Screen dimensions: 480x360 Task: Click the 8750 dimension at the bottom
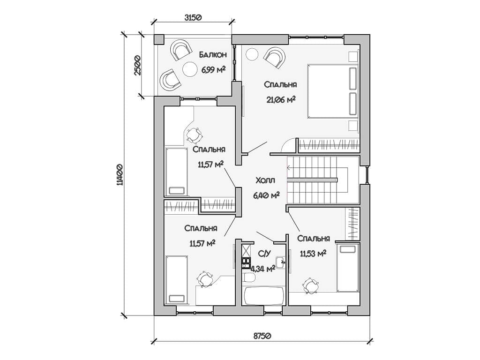pos(263,335)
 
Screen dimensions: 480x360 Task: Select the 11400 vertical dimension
pos(120,175)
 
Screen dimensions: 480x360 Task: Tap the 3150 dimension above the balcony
pos(193,17)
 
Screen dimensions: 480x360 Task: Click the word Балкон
pos(213,55)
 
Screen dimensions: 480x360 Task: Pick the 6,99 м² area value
pos(213,70)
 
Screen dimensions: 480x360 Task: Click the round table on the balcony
pos(190,69)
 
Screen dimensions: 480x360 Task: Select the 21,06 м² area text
pos(281,99)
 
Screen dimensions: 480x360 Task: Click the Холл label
pos(265,180)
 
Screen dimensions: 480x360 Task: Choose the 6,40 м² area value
pos(266,195)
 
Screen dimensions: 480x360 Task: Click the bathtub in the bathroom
pos(264,295)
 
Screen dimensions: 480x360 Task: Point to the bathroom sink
pos(281,262)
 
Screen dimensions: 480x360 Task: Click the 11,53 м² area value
pos(313,254)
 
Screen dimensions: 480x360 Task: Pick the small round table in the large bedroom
pos(252,55)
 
